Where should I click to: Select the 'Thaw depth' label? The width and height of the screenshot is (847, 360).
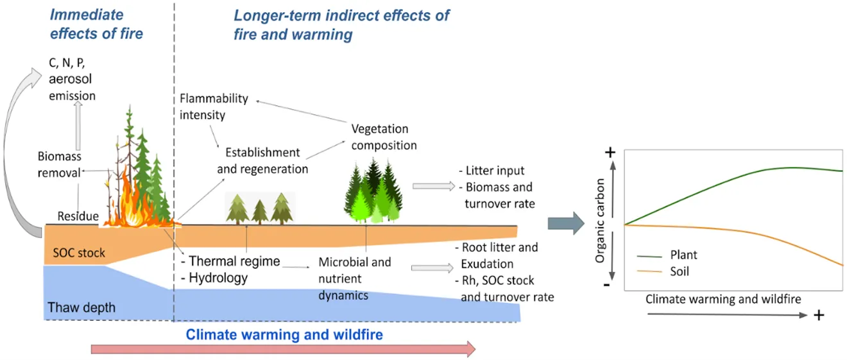click(x=81, y=307)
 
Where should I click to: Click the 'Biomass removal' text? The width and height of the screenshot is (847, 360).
click(x=60, y=164)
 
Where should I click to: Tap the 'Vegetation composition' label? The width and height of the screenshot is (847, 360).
click(x=384, y=137)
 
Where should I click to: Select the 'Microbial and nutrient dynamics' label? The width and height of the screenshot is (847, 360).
click(x=346, y=279)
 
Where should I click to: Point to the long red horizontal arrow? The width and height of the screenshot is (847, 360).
click(x=282, y=348)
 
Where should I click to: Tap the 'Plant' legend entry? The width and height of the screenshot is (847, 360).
click(x=683, y=255)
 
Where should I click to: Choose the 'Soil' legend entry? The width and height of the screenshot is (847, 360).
click(x=679, y=271)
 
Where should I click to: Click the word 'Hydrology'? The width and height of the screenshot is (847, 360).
click(x=219, y=279)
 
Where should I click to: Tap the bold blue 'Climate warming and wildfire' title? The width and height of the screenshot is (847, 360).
click(x=284, y=334)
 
